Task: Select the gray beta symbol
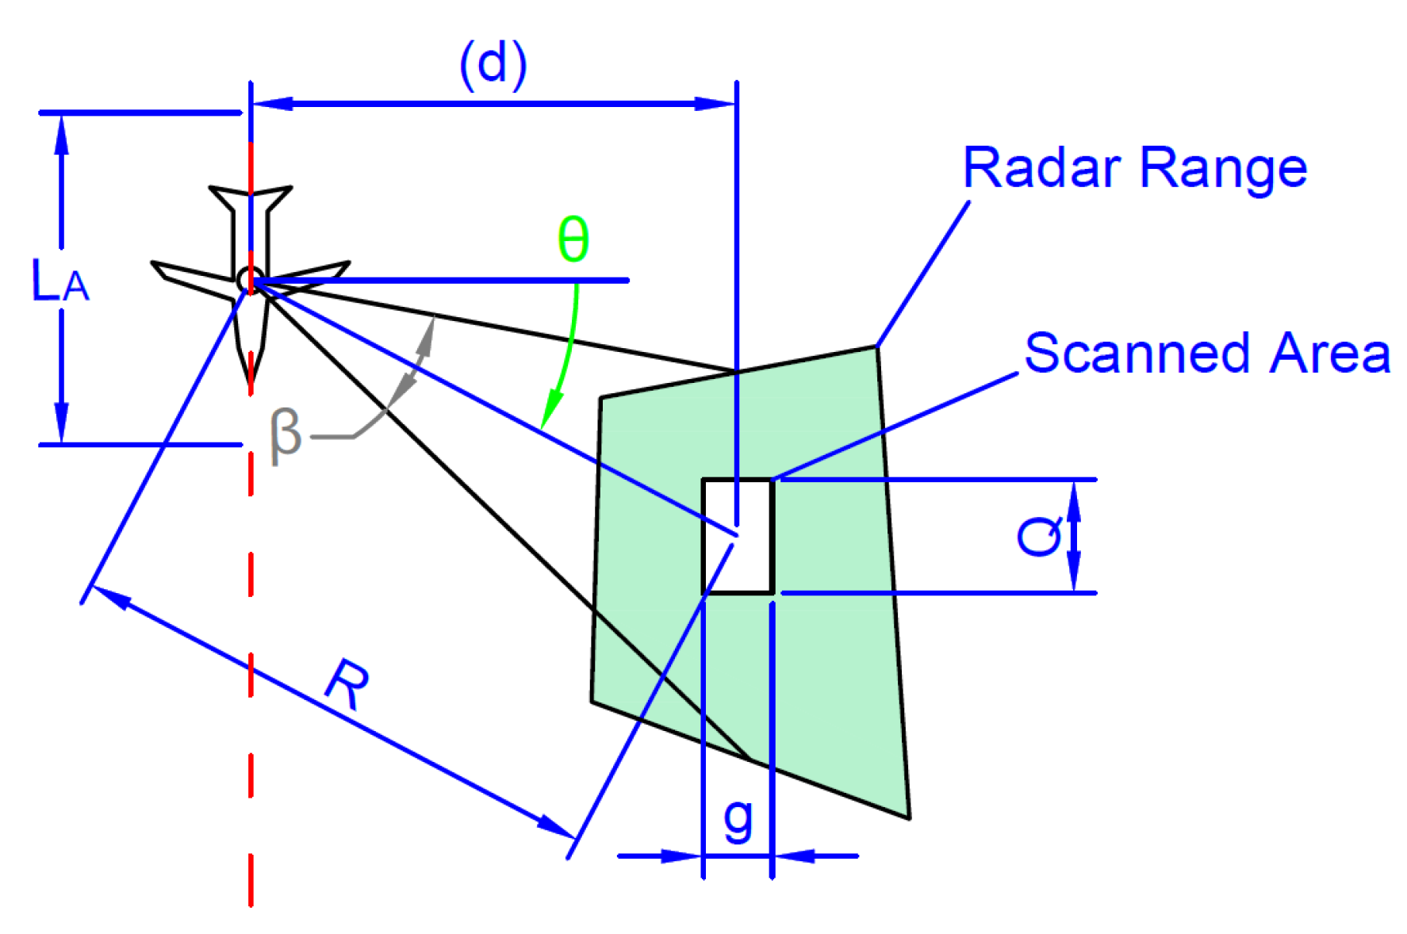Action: pyautogui.click(x=286, y=435)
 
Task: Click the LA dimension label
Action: pyautogui.click(x=59, y=281)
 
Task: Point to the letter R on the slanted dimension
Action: pyautogui.click(x=349, y=683)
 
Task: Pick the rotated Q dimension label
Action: pyautogui.click(x=1039, y=536)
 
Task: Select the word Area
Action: pyautogui.click(x=1329, y=353)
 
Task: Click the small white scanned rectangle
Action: pyautogui.click(x=738, y=536)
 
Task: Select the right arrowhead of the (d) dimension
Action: pyautogui.click(x=714, y=104)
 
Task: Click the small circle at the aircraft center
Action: pyautogui.click(x=249, y=279)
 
